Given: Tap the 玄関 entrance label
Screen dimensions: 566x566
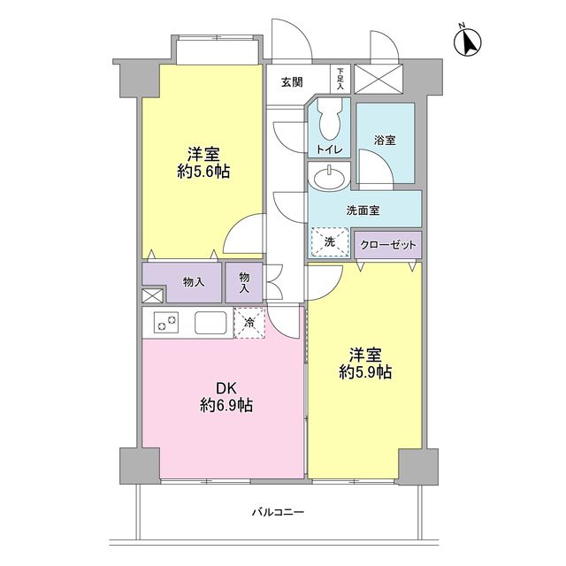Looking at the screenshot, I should tap(292, 82).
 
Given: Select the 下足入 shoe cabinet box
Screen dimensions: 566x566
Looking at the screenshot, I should tap(340, 79).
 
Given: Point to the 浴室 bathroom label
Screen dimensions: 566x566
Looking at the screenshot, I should tap(385, 140).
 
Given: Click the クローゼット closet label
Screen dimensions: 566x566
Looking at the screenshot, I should tap(388, 243).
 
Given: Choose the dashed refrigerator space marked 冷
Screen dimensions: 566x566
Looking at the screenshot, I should tap(250, 323).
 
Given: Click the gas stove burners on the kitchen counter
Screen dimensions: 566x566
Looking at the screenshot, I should tap(167, 323).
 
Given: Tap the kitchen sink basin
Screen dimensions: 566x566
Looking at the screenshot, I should tap(210, 323).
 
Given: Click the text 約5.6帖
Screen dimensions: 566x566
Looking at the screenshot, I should tap(203, 172).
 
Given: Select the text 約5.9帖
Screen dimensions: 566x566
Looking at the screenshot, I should tap(364, 373).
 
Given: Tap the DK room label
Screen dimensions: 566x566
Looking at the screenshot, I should tap(226, 386).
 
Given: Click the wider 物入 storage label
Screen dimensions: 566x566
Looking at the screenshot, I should tap(194, 282).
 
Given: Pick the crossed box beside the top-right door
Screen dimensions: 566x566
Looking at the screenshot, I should tap(379, 79).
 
